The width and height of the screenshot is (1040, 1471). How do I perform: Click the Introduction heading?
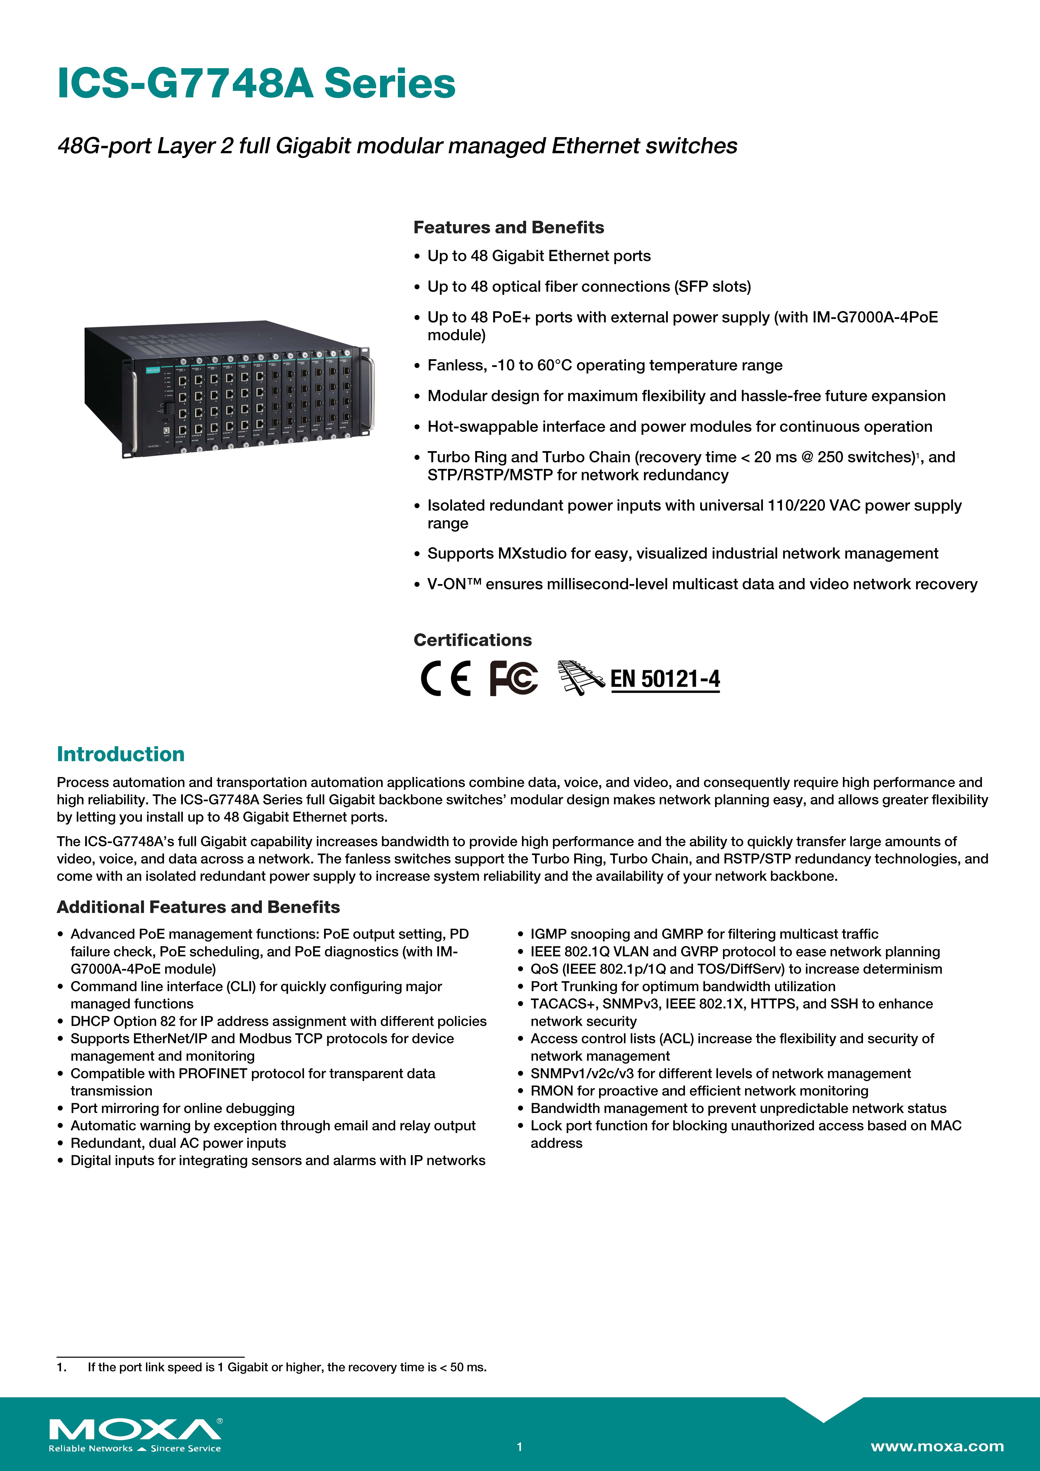pyautogui.click(x=120, y=754)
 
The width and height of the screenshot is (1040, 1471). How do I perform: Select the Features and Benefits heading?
pyautogui.click(x=508, y=227)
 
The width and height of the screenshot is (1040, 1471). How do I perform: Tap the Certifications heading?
pyautogui.click(x=472, y=640)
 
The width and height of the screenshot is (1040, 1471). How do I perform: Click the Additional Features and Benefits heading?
pyautogui.click(x=198, y=907)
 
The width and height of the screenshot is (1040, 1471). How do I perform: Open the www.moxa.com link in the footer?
pyautogui.click(x=937, y=1446)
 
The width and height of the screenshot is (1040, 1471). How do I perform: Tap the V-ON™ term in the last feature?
pyautogui.click(x=454, y=584)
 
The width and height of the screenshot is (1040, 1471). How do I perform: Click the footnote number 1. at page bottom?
pyautogui.click(x=62, y=1367)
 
